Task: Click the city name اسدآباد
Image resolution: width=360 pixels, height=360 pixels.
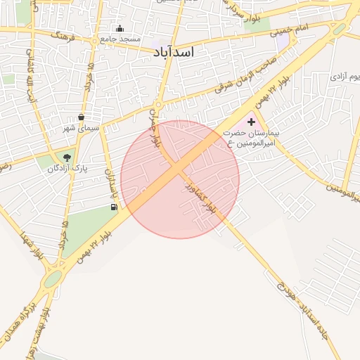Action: coord(173,52)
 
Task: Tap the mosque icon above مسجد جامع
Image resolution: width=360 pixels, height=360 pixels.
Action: coord(120,29)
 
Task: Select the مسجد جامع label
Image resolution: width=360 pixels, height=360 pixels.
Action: coord(120,39)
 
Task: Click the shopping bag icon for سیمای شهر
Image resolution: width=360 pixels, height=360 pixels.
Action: coord(82,117)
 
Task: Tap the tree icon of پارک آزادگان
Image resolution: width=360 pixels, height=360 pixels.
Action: coord(67,157)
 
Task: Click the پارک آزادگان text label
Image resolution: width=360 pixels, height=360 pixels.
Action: coord(67,169)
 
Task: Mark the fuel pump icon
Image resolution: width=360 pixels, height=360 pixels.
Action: coord(114,207)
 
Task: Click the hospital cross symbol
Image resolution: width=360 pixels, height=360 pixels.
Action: coord(251,122)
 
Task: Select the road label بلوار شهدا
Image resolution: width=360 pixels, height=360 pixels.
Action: coord(32,246)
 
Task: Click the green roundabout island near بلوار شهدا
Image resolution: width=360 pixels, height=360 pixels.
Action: coord(52,281)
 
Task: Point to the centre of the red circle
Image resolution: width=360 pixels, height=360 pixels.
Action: coord(180,179)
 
